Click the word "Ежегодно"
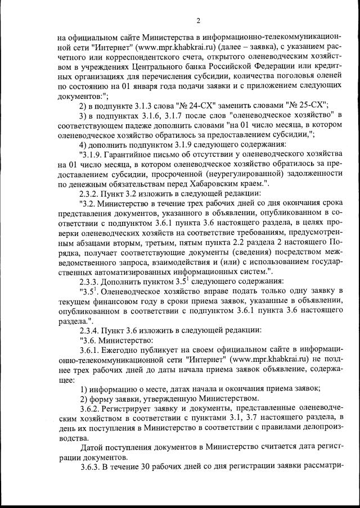pos(124,350)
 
